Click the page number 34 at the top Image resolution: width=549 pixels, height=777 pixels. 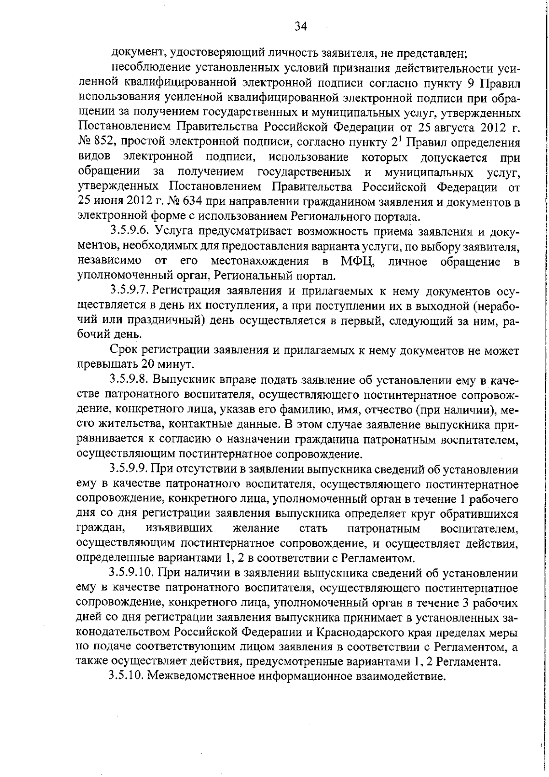(x=300, y=26)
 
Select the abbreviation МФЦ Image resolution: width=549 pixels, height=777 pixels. (x=357, y=262)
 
